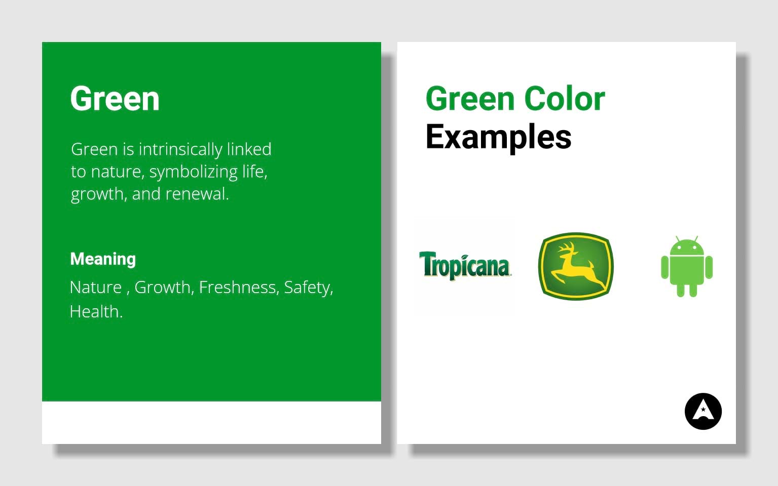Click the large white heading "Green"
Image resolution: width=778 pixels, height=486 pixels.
click(x=115, y=99)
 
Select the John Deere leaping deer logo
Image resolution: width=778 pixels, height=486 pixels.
click(x=575, y=266)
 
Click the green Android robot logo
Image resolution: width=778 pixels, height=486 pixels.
click(x=687, y=266)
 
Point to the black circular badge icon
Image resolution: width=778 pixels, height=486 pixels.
click(x=703, y=411)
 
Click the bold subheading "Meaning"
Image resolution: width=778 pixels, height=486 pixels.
click(x=103, y=259)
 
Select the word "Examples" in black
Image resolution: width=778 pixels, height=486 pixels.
click(x=498, y=137)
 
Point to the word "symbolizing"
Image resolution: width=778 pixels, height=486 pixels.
click(x=193, y=172)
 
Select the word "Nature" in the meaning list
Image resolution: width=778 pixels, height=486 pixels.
click(x=96, y=288)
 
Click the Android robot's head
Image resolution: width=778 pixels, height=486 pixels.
click(x=687, y=247)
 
